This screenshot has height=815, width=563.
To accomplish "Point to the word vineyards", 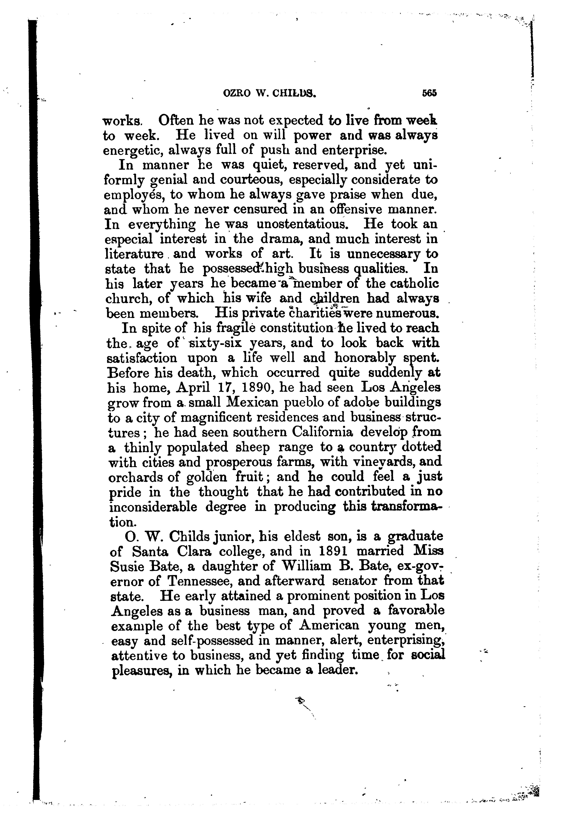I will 384,462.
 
